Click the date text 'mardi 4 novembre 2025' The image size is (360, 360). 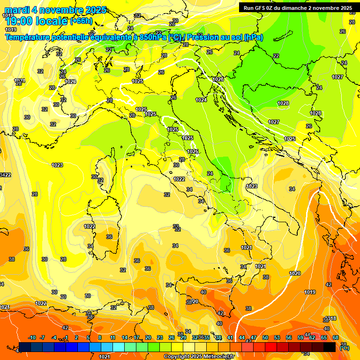tap(55, 10)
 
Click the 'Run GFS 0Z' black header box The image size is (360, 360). tap(298, 7)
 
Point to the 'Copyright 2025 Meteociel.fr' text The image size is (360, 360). tap(199, 356)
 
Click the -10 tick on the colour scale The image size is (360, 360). tap(32, 338)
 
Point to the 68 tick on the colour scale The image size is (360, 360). tap(336, 338)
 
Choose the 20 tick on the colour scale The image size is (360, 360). tap(148, 338)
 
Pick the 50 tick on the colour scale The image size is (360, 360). tap(265, 338)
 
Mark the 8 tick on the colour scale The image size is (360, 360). tap(100, 338)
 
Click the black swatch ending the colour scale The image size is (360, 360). tap(330, 347)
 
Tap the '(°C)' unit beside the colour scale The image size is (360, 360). tap(344, 347)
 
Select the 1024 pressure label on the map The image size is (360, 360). tap(201, 100)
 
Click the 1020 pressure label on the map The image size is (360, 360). tap(295, 273)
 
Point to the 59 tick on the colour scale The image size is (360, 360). tap(300, 338)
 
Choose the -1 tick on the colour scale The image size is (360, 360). tap(66, 338)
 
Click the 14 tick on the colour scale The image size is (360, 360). tap(125, 338)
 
